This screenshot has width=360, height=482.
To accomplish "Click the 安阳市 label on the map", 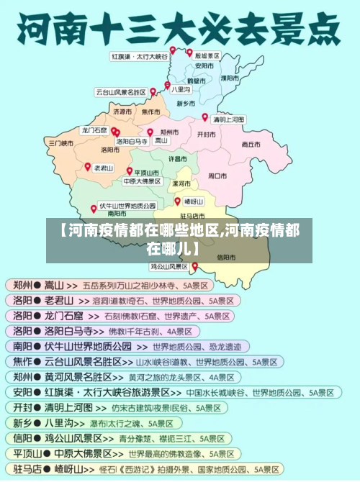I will pos(204,65).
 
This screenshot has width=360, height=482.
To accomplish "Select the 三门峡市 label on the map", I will pos(61,143).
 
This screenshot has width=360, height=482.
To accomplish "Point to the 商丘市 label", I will pos(251,144).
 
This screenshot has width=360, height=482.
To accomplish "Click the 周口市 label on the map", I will pos(217,175).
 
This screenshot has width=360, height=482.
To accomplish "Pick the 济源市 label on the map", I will pos(122,112).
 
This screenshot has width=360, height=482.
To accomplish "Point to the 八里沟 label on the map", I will pos(181,90).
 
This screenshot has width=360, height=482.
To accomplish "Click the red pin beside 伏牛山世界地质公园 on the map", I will pos(94,209).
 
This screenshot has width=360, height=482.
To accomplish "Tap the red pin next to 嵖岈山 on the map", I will pos(177,201).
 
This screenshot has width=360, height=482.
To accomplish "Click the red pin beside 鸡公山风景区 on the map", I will pos(194,266).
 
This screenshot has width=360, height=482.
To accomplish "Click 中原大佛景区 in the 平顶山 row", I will pos(84,455).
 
